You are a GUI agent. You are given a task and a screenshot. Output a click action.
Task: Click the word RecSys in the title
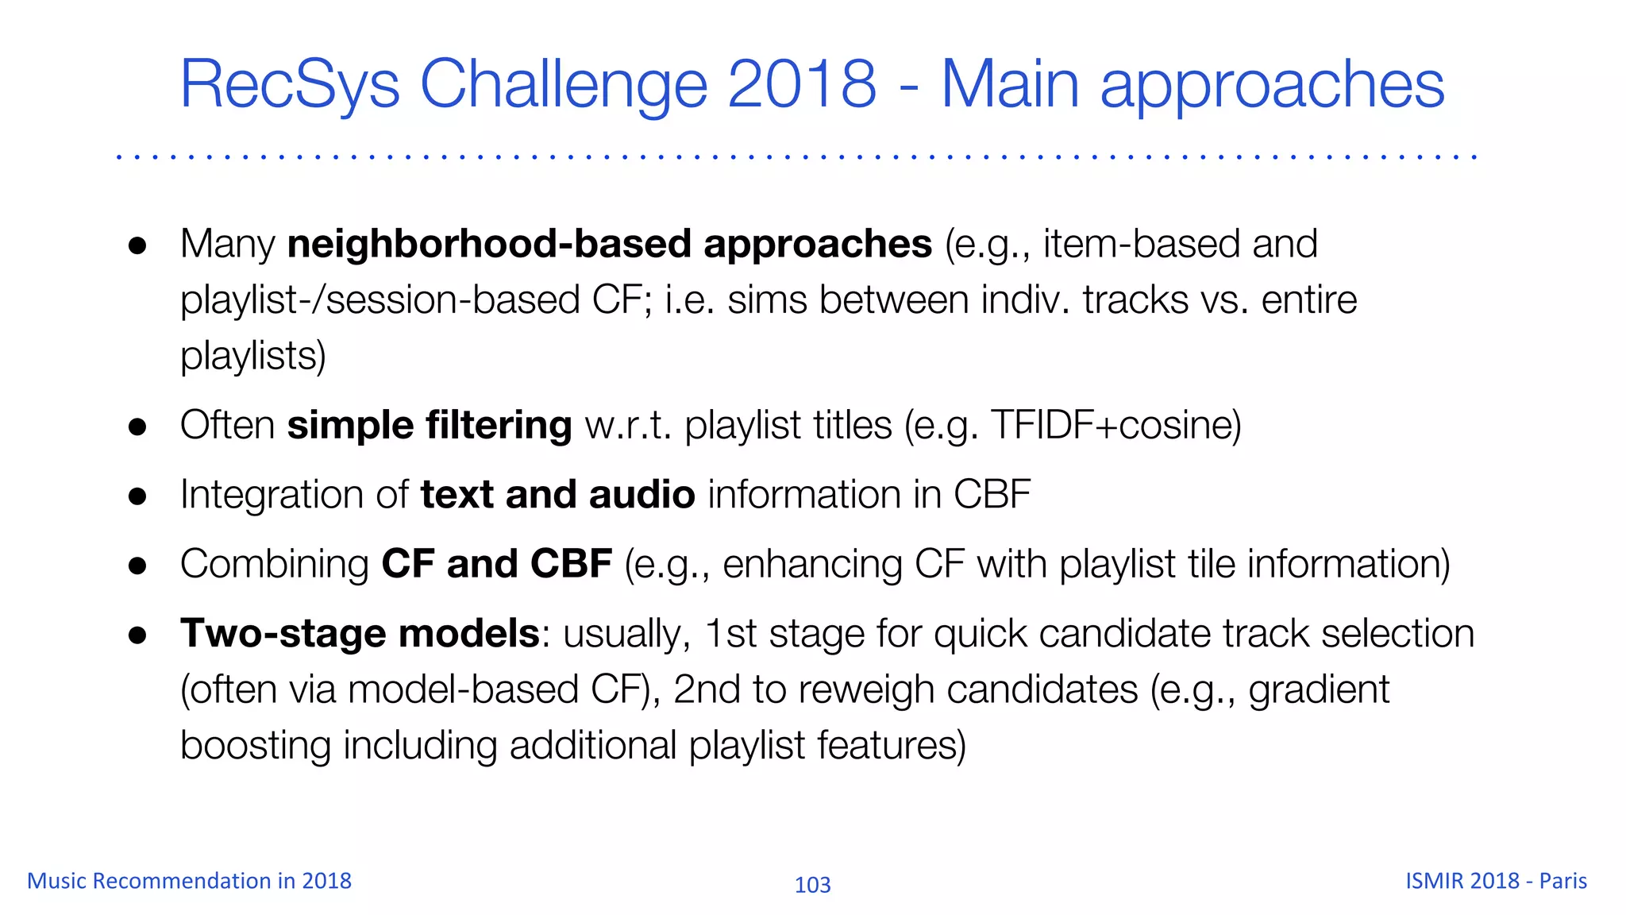pos(290,85)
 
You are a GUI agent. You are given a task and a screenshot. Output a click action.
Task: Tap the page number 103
pos(812,885)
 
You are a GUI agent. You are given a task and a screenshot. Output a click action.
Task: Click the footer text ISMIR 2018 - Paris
pos(1496,881)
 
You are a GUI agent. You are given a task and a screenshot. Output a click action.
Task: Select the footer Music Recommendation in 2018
pos(189,881)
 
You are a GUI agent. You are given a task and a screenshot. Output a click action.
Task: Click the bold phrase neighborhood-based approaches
pos(609,244)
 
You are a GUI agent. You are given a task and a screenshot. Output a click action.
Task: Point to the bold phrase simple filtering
pos(429,425)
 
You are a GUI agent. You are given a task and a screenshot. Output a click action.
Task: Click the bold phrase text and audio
pos(557,494)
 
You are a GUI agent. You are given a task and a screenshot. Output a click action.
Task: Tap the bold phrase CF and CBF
pos(496,564)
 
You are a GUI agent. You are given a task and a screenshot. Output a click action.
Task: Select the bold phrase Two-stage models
pos(360,633)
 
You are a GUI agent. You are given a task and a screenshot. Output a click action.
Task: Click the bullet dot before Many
pos(137,245)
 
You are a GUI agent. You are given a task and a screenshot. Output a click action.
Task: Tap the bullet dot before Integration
pos(137,496)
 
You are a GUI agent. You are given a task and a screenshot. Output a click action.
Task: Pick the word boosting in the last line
pos(255,746)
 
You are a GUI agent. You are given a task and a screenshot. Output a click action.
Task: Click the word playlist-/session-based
pos(380,300)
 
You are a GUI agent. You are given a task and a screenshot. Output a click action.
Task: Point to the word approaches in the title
pos(1272,85)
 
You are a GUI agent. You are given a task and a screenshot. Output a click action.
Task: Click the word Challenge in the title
pos(563,85)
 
